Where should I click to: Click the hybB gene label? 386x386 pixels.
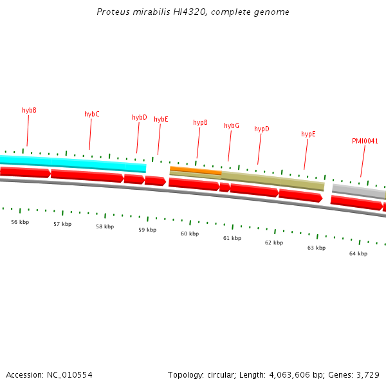coord(29,110)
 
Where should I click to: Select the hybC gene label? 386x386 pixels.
coord(92,114)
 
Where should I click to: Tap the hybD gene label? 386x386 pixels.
coord(140,117)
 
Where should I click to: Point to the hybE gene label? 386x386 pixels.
coord(161,119)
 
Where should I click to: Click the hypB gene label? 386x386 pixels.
coord(200,122)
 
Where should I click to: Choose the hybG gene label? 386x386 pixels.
coord(232,125)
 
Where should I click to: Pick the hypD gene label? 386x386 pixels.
coord(262,129)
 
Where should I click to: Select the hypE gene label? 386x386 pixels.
coord(309,134)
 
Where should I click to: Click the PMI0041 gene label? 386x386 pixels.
coord(365,141)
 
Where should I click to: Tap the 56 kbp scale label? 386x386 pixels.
coord(20,222)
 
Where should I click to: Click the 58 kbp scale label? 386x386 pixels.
coord(105,226)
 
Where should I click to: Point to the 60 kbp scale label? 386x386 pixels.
coord(190,234)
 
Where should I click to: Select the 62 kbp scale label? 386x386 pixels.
coord(274,243)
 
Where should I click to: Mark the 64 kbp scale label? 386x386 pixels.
coord(358,253)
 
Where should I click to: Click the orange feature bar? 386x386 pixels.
coord(196,170)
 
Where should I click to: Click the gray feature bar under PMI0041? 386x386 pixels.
coord(358,190)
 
